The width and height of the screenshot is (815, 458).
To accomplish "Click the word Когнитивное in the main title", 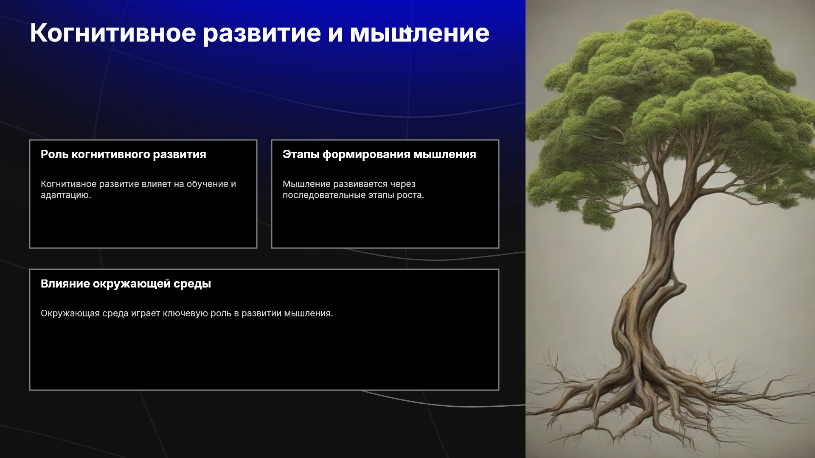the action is tap(113, 33).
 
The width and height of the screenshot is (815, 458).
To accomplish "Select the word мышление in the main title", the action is tap(419, 34).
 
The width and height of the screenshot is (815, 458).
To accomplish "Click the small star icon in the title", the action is tap(407, 31).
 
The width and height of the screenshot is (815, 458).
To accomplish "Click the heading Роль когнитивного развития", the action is tap(124, 154).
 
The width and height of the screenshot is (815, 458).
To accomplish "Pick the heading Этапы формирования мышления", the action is tap(379, 154).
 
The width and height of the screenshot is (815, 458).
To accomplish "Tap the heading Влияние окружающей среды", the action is tap(126, 284).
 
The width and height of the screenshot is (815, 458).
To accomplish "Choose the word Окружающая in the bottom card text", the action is tap(70, 313).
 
